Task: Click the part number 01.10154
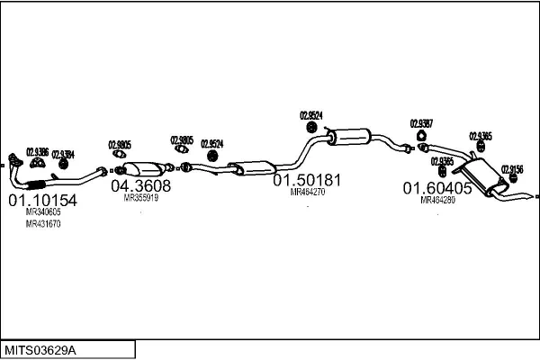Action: [x=43, y=200]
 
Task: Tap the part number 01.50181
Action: [x=308, y=180]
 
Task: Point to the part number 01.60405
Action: [x=436, y=188]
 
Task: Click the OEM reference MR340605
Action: [x=43, y=212]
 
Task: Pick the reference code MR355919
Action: [x=140, y=197]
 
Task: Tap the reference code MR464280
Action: [x=437, y=200]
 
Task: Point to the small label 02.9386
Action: [x=37, y=150]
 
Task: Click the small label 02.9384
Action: [x=63, y=153]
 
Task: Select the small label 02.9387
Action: [x=421, y=123]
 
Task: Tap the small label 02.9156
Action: [x=511, y=168]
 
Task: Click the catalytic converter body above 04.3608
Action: [x=143, y=170]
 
